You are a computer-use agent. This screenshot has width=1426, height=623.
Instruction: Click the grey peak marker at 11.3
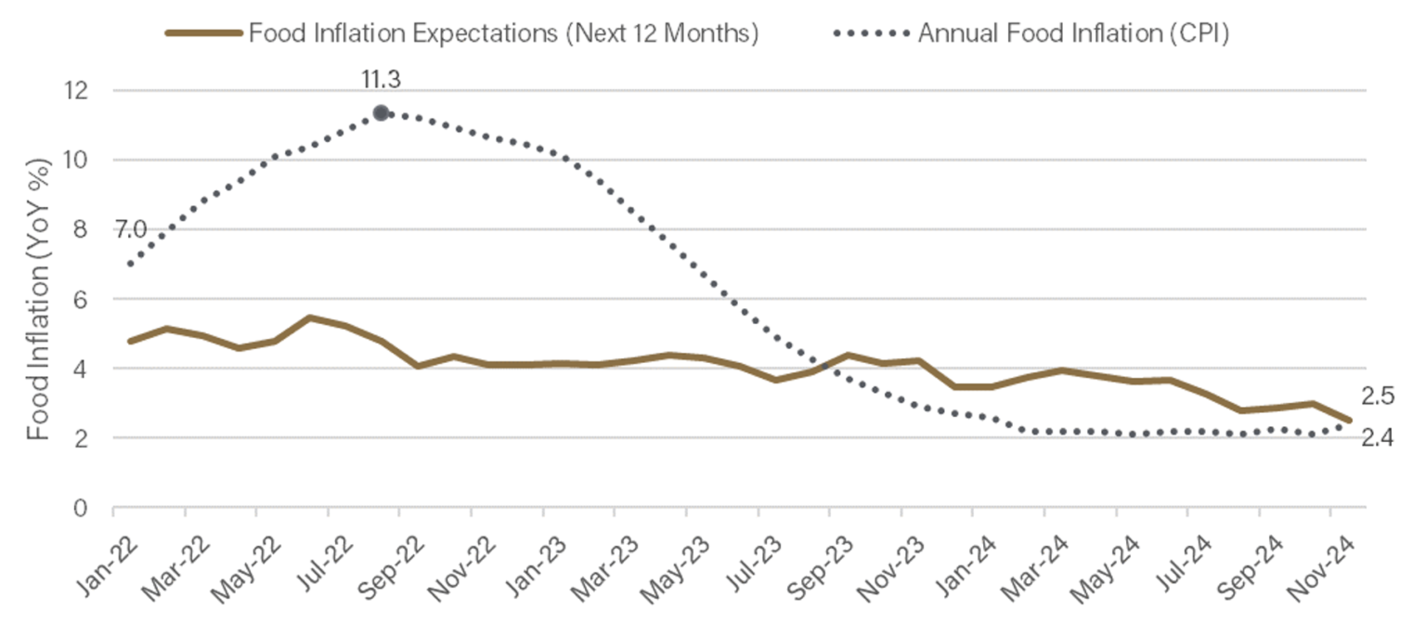(381, 113)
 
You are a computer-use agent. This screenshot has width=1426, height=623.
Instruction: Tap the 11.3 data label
(382, 80)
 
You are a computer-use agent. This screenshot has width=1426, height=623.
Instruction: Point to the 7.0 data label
(131, 229)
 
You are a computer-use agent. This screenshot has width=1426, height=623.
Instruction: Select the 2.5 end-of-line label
(1378, 396)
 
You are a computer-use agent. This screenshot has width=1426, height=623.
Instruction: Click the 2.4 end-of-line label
(1378, 438)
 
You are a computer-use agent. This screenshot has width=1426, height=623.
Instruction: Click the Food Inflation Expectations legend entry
(462, 32)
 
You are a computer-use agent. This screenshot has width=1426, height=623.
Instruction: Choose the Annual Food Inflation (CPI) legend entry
(1031, 32)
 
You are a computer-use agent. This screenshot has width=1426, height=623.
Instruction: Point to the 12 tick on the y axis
(76, 91)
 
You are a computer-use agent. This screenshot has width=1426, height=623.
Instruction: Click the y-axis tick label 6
(80, 299)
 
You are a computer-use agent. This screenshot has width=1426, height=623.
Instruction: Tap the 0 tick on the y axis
(80, 508)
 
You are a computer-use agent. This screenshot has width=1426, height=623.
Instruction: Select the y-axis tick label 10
(76, 161)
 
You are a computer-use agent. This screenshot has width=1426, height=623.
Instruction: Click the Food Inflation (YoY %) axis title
(38, 299)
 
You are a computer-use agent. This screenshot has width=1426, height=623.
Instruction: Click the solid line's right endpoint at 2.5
(1348, 420)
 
